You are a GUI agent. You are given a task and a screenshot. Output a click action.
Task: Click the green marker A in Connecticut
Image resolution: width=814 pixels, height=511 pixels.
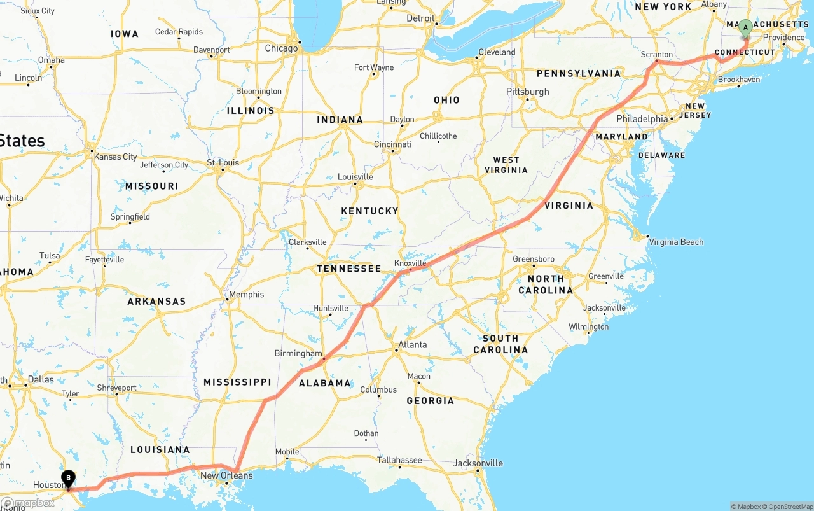point(745,27)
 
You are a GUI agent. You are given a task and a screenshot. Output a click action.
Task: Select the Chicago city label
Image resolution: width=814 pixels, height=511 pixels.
point(281,48)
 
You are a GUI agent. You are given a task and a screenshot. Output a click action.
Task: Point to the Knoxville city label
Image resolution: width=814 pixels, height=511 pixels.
point(410,263)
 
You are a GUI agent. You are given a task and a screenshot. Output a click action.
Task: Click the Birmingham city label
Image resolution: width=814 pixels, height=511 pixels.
point(298,353)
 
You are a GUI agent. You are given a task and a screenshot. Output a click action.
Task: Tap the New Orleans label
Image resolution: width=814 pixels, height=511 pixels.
point(226,475)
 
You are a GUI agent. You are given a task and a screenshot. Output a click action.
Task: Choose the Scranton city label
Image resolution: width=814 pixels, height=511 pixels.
point(658,55)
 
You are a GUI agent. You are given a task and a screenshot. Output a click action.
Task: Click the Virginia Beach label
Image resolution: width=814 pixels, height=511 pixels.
point(675,242)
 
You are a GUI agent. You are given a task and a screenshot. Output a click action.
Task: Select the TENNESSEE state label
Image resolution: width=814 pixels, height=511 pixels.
point(349,269)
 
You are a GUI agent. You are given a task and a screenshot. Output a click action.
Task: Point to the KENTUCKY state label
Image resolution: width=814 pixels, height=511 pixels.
point(369,211)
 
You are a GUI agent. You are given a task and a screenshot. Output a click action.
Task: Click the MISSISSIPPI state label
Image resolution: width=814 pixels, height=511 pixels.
point(237,382)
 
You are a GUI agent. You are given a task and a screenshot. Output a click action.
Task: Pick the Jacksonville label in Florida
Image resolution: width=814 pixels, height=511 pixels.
point(478,463)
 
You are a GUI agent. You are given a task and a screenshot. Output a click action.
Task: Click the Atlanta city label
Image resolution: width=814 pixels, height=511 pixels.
point(412,345)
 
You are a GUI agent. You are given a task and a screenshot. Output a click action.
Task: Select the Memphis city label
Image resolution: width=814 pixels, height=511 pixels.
point(246,295)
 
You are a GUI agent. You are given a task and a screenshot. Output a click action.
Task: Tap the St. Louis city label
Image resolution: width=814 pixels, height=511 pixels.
point(223,163)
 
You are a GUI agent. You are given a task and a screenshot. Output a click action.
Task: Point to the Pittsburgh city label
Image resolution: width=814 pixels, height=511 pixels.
point(527,92)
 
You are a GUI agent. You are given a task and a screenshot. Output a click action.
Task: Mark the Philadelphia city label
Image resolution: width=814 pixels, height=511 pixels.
point(642,119)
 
